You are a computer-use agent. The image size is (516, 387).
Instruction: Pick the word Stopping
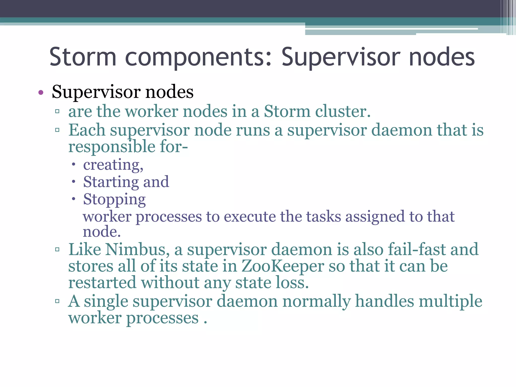pyautogui.click(x=114, y=200)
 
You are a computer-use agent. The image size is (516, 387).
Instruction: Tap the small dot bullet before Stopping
pyautogui.click(x=74, y=199)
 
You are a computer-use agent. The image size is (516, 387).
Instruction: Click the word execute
pyautogui.click(x=250, y=217)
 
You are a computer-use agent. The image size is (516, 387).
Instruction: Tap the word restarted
pyautogui.click(x=102, y=283)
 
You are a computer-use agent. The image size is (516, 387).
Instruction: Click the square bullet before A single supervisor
pyautogui.click(x=57, y=301)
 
